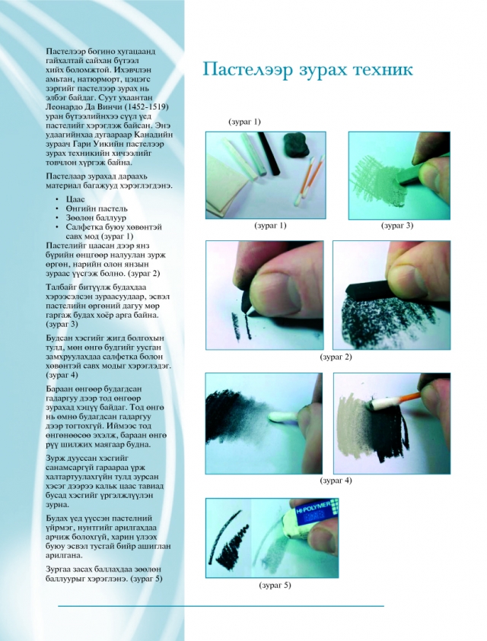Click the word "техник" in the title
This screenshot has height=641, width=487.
[382, 69]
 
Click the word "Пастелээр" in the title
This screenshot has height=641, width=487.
[248, 70]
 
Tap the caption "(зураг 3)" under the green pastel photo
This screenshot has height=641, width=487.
[397, 225]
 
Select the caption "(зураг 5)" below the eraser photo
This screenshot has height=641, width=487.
[275, 585]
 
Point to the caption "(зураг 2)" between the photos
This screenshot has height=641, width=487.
[336, 357]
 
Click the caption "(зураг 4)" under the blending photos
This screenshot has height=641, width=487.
[336, 481]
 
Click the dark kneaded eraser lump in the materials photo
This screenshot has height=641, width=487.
[297, 144]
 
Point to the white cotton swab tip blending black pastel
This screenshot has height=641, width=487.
[281, 417]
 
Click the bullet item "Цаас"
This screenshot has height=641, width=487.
[75, 199]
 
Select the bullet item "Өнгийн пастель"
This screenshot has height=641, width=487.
[97, 208]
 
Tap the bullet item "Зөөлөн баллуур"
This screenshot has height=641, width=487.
[96, 218]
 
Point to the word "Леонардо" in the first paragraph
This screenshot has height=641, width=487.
[65, 107]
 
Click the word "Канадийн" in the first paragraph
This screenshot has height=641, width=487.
[154, 135]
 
